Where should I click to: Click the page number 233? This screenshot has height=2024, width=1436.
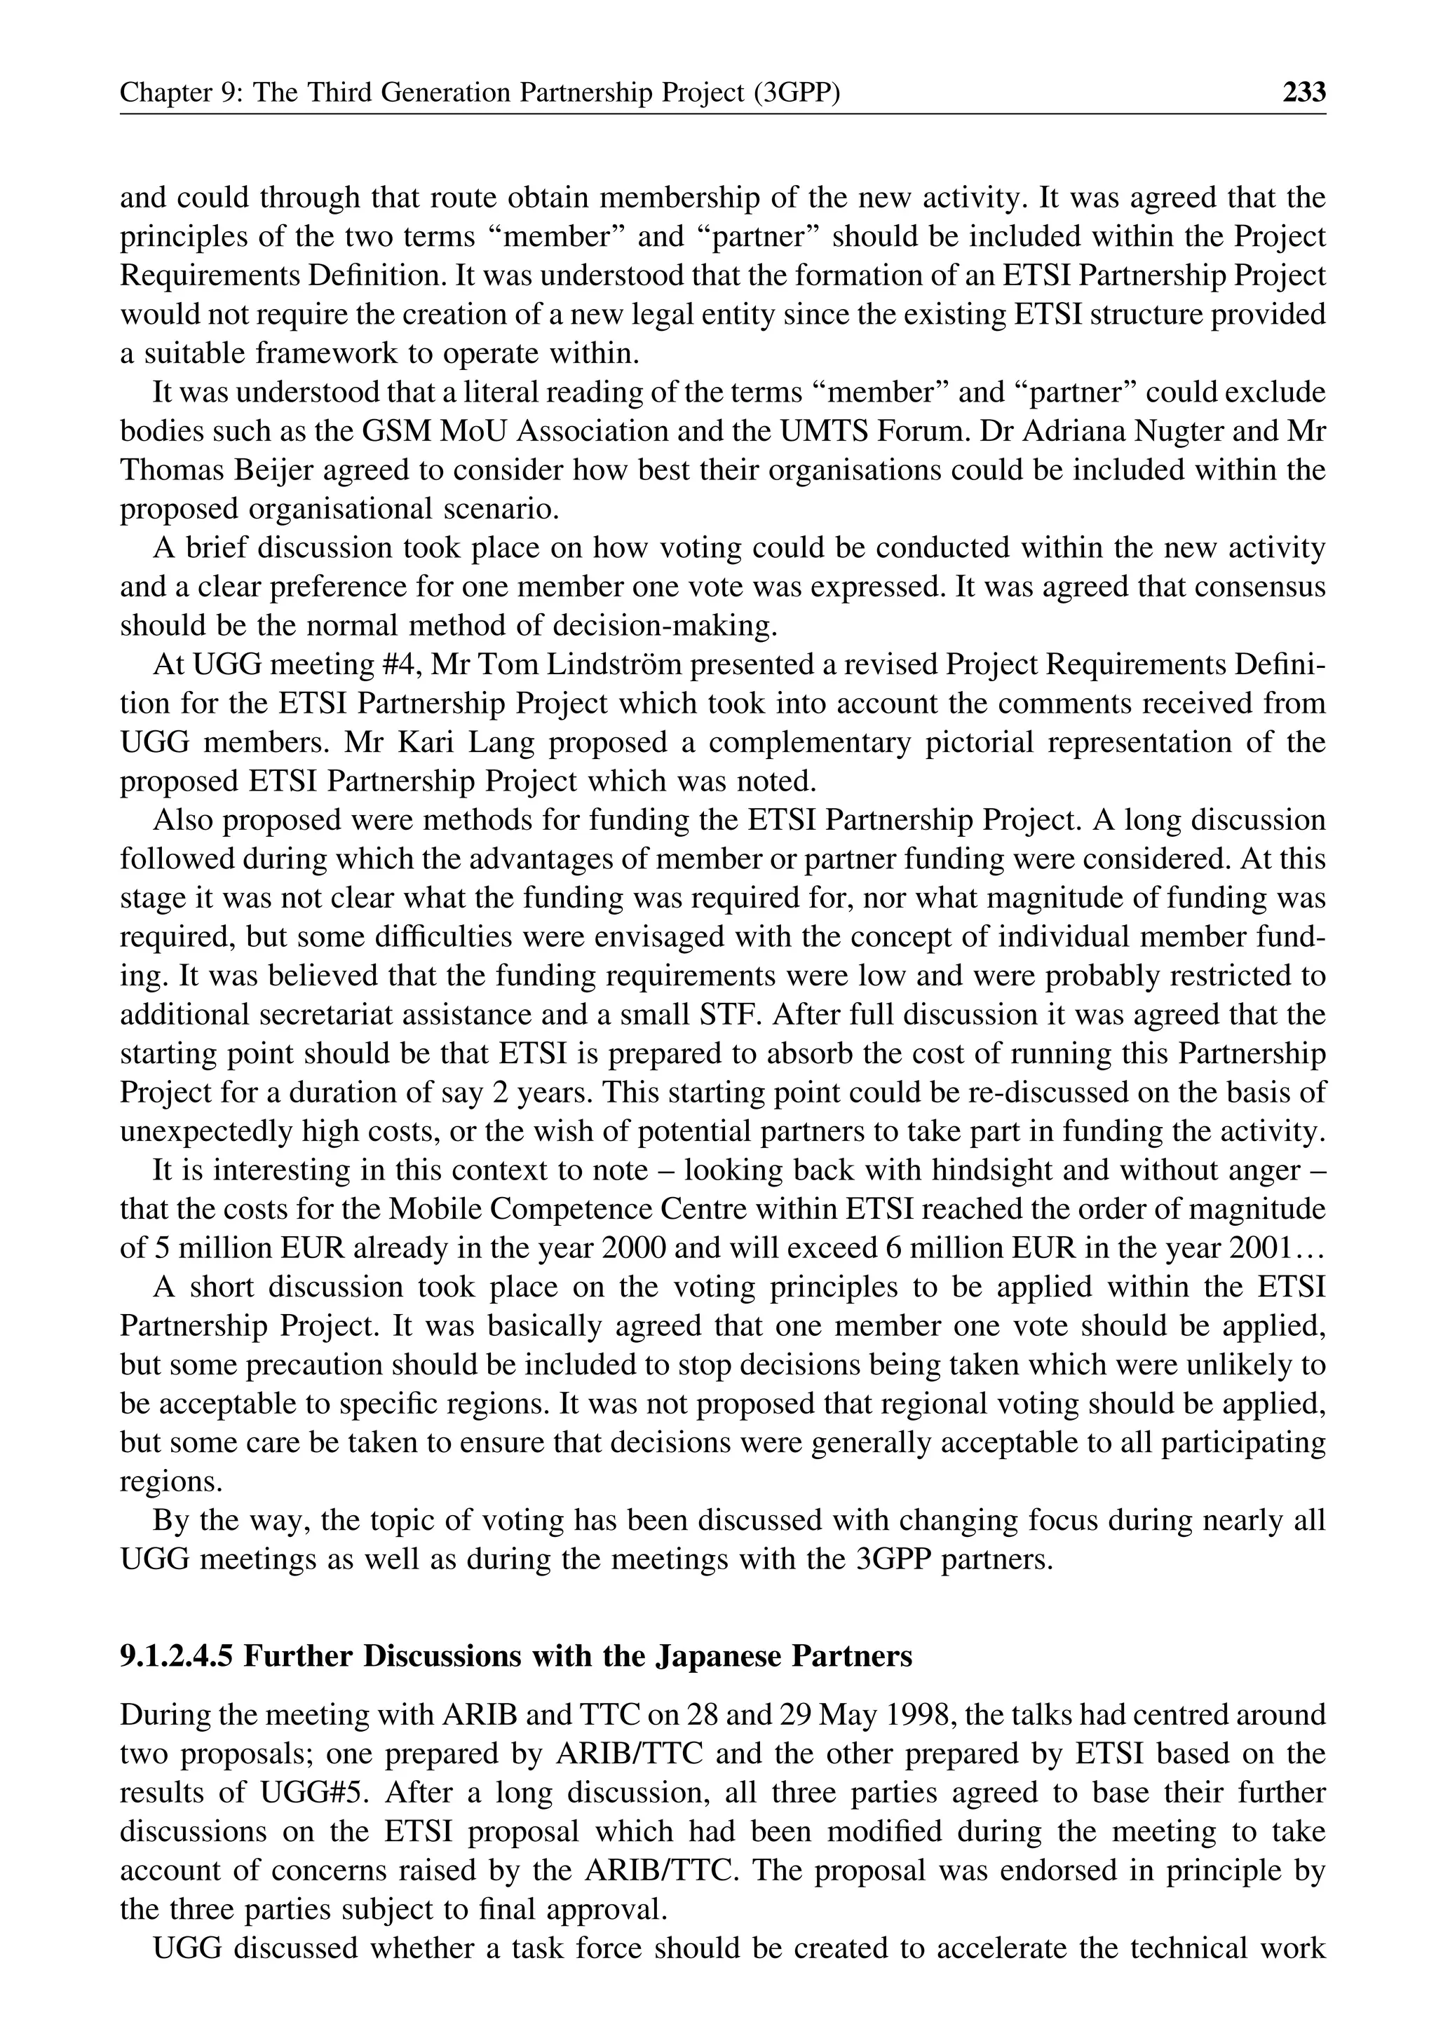point(1303,92)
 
